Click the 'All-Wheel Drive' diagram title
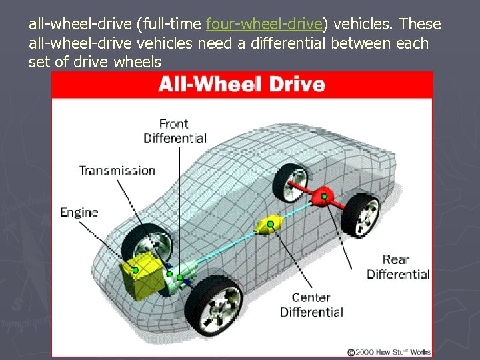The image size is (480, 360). (x=241, y=85)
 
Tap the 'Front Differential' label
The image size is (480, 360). (x=175, y=131)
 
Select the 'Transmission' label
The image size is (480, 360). (x=117, y=170)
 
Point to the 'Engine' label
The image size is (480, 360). (x=79, y=212)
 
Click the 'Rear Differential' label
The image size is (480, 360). (x=398, y=267)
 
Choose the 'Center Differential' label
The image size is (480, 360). (x=311, y=305)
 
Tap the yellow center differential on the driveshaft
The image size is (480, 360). (x=269, y=224)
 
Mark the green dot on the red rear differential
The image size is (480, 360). (x=324, y=196)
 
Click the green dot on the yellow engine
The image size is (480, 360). (x=135, y=270)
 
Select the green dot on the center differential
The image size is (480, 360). (x=270, y=224)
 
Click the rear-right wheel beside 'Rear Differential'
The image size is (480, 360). (x=362, y=213)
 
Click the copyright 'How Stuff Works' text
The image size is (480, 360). (x=389, y=351)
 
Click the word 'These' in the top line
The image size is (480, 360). (x=421, y=25)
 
